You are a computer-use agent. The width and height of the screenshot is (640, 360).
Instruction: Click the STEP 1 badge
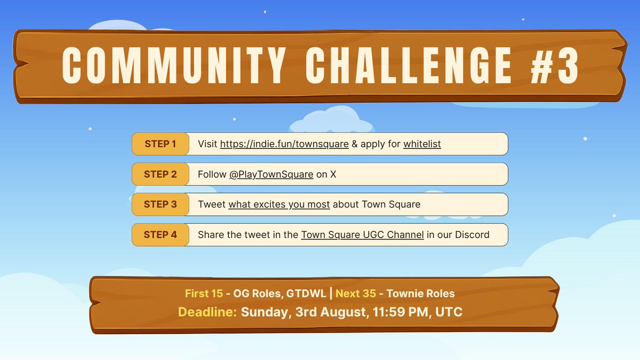(160, 144)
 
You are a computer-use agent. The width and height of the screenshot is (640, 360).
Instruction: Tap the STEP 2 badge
(160, 174)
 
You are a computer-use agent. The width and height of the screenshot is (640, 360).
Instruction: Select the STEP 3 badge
(160, 204)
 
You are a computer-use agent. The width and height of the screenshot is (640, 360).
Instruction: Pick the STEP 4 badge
(160, 234)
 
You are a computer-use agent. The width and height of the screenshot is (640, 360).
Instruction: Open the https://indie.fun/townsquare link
(284, 144)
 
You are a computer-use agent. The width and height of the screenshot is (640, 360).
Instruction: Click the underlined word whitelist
(422, 144)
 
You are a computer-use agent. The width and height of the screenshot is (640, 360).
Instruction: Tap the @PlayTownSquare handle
(271, 174)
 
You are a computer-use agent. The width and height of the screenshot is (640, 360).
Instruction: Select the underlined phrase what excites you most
(279, 204)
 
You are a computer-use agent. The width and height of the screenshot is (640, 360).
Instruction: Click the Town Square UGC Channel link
(362, 235)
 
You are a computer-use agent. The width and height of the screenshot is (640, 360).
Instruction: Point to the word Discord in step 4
(471, 235)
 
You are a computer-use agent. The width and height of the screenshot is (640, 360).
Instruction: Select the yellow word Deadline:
(207, 312)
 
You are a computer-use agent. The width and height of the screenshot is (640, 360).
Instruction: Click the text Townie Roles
(420, 294)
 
